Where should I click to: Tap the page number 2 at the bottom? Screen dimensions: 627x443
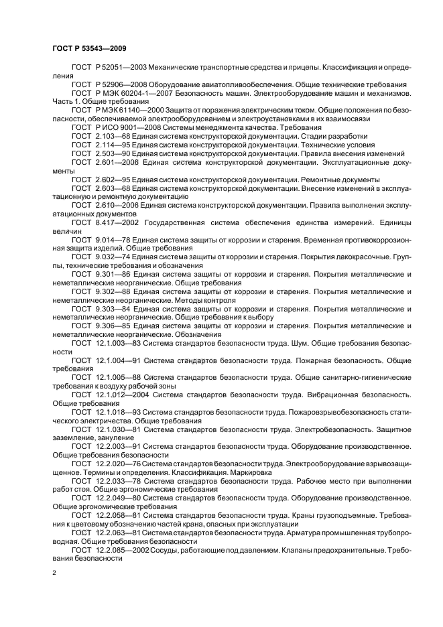[54, 573]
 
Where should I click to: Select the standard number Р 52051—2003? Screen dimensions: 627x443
[121, 68]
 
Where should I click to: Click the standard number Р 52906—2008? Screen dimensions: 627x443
[121, 85]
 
